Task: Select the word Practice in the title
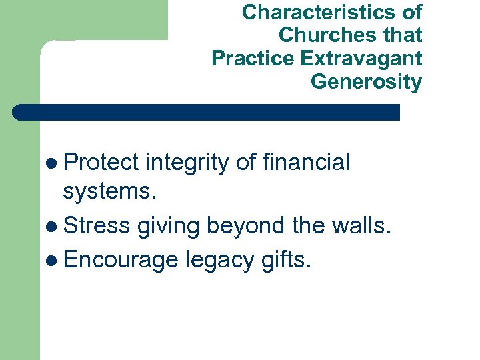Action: pos(253,59)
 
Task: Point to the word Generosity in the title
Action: pos(366,82)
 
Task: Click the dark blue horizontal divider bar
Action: pos(207,112)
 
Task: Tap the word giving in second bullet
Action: pos(169,227)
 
